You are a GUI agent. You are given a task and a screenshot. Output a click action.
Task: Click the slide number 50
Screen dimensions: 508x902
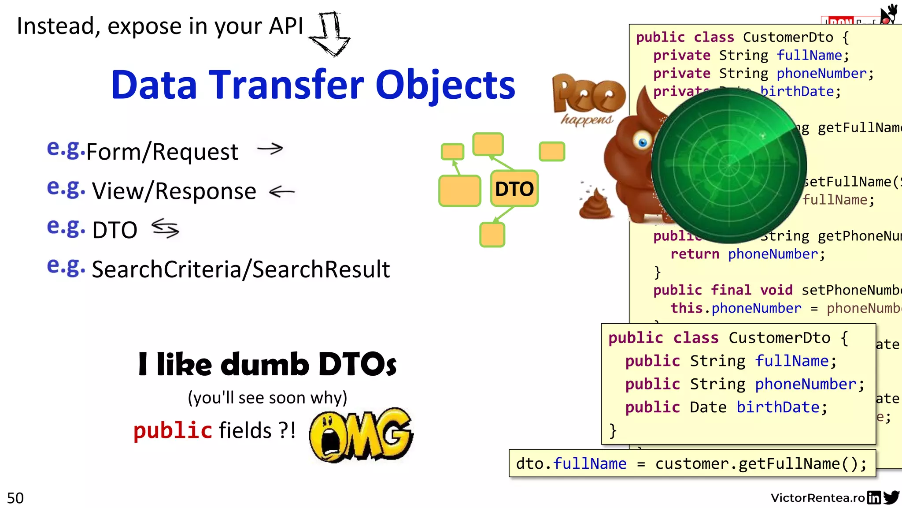[x=15, y=498]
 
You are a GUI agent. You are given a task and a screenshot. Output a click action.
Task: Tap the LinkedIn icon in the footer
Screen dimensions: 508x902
[x=874, y=497]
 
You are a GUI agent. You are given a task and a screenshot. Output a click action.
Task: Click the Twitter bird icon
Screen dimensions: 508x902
[x=891, y=497]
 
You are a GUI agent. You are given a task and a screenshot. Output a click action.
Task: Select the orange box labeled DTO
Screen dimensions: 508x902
[x=514, y=189]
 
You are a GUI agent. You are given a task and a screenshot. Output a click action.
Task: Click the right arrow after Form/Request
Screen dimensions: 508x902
[x=270, y=149]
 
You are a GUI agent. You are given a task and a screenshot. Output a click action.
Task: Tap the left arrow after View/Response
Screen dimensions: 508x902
[x=281, y=191]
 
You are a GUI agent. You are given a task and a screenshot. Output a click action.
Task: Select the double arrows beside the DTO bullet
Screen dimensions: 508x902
[x=165, y=228]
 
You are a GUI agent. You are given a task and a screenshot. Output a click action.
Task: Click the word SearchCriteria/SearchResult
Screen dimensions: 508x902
[x=240, y=269]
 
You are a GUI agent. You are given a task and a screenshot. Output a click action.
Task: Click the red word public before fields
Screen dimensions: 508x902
[x=173, y=430]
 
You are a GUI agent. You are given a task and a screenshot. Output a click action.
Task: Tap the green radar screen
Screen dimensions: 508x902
[x=729, y=166]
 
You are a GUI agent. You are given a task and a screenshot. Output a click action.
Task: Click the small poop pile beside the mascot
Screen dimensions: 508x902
[x=595, y=204]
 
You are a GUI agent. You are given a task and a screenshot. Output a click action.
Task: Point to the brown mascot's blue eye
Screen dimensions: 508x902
[x=643, y=142]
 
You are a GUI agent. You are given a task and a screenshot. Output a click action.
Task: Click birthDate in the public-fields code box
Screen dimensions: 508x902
[x=778, y=407]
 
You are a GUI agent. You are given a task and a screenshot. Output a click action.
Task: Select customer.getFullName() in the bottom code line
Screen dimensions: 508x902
[x=757, y=464]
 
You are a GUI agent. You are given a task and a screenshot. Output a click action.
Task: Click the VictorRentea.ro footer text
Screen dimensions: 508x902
[x=817, y=498]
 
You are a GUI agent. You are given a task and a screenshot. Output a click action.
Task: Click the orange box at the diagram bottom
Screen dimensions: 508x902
[x=492, y=235]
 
